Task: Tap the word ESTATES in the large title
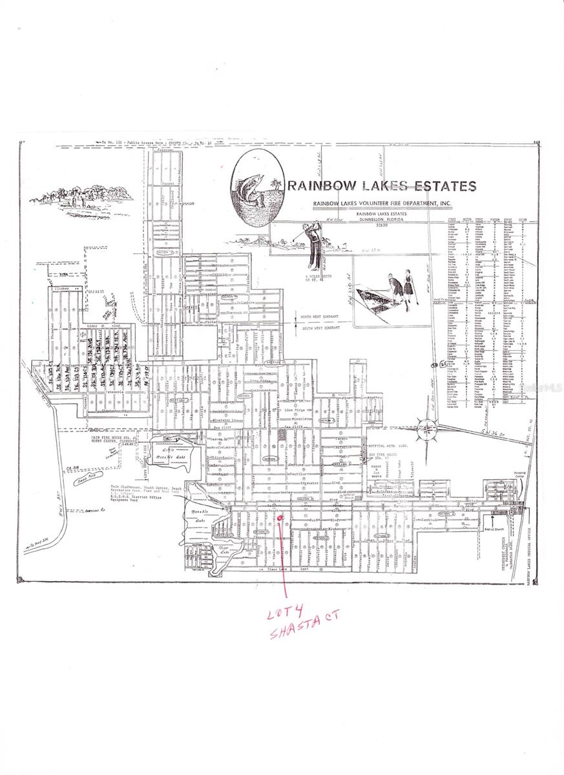pos(443,187)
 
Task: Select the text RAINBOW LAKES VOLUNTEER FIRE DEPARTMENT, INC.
pos(382,204)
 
